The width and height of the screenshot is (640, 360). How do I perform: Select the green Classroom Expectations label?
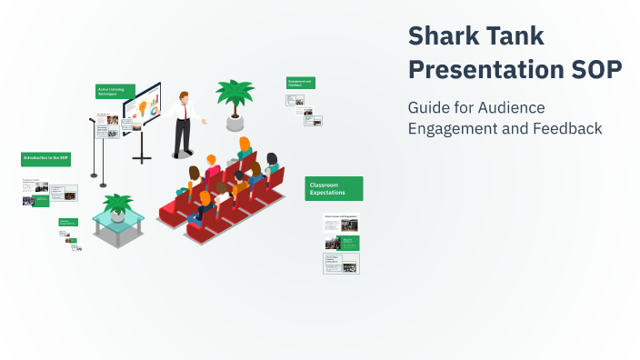(x=334, y=188)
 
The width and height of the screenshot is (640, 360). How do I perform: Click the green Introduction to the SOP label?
(x=45, y=158)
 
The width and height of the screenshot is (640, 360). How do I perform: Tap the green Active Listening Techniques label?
(x=115, y=91)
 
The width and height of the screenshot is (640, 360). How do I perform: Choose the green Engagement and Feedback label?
(x=300, y=83)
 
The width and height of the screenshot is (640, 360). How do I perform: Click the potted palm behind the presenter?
(x=235, y=98)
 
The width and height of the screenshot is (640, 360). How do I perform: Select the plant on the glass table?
(x=117, y=205)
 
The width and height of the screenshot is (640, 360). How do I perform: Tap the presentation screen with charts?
(x=142, y=107)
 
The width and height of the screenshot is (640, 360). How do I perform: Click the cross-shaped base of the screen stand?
(x=142, y=158)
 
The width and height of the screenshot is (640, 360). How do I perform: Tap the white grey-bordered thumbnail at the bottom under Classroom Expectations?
(x=342, y=263)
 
